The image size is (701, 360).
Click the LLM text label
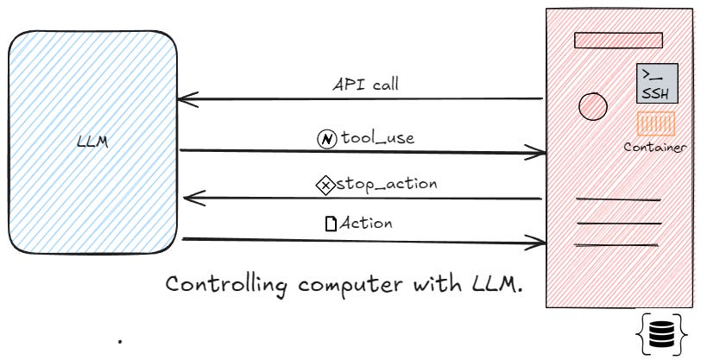(92, 142)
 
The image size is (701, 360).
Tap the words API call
(366, 85)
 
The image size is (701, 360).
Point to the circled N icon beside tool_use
(327, 139)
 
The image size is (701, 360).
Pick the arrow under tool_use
(363, 153)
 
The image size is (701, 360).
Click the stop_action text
(386, 183)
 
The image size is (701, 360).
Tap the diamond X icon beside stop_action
(325, 184)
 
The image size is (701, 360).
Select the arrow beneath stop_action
(363, 199)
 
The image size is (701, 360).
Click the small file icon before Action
(330, 224)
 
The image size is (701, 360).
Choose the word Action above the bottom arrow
(366, 223)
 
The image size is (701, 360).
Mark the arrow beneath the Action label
(363, 240)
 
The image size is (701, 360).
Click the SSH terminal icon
(657, 84)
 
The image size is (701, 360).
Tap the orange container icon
(655, 125)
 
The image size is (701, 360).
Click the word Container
(655, 147)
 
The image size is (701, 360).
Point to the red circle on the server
(592, 106)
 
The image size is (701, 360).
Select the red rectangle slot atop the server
(618, 41)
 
